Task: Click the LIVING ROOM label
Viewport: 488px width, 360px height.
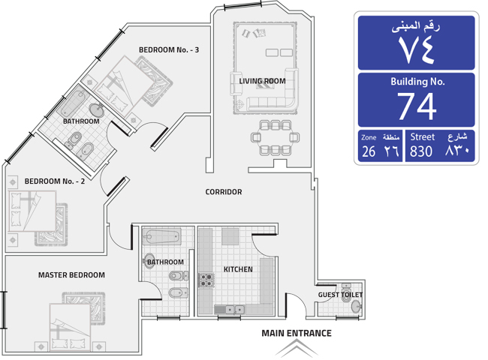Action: [x=262, y=81]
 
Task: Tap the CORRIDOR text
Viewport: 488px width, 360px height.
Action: [x=224, y=192]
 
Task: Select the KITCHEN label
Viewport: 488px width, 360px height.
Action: [x=238, y=269]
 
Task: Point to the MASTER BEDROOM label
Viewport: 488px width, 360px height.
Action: [x=71, y=274]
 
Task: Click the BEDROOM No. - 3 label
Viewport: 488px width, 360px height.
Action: [x=169, y=49]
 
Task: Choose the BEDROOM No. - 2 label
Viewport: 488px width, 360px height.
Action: [x=55, y=181]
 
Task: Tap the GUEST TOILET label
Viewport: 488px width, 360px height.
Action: [x=340, y=295]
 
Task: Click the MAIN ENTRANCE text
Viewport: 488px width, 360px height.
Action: [x=297, y=333]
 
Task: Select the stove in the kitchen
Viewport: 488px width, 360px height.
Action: [x=206, y=280]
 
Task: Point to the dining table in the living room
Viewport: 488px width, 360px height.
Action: [x=275, y=137]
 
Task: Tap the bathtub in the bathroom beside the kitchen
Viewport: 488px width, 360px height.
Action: [x=161, y=237]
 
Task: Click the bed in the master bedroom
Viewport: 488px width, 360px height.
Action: [x=70, y=326]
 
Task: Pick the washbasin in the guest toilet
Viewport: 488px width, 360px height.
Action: [x=357, y=307]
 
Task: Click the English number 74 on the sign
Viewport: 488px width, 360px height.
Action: [x=417, y=106]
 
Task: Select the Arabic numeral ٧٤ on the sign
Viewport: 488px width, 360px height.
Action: [x=417, y=49]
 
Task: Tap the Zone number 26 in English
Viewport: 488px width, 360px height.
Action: [x=369, y=151]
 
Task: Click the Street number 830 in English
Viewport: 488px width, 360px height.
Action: [x=421, y=151]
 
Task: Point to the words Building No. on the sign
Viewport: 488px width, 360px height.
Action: [x=417, y=82]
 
